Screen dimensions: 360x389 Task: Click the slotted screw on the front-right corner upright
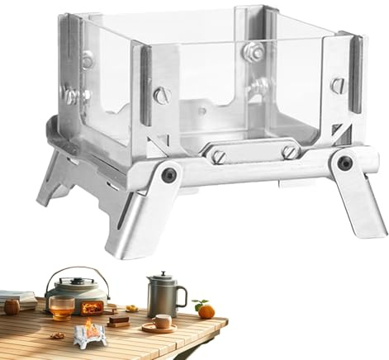coord(336,85)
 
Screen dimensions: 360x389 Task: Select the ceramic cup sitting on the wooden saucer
coord(162,321)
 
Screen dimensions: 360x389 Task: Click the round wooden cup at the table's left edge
coord(12,306)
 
